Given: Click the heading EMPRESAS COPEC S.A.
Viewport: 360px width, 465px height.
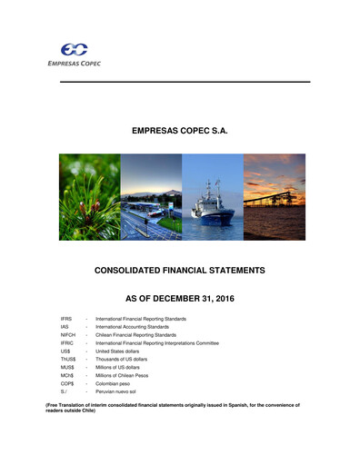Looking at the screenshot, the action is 179,133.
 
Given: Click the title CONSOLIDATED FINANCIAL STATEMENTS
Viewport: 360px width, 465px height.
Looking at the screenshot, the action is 179,271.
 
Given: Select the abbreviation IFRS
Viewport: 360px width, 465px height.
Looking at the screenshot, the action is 67,320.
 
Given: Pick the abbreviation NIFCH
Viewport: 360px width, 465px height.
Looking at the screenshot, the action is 68,335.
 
